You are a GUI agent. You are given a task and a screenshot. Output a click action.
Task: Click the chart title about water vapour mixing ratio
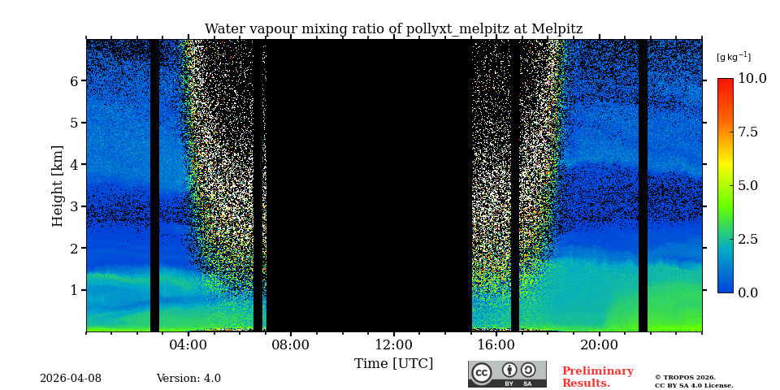(393, 29)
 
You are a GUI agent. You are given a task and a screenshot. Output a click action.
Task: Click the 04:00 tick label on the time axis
(188, 344)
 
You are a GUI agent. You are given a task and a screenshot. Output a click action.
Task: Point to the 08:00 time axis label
(291, 344)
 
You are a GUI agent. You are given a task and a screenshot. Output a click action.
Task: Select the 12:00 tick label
(394, 344)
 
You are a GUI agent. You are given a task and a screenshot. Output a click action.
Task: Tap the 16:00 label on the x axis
(496, 344)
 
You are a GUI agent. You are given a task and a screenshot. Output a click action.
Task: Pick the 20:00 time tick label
(600, 344)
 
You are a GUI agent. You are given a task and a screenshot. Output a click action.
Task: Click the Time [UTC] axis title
(393, 363)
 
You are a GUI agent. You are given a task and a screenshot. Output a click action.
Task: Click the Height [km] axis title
(58, 185)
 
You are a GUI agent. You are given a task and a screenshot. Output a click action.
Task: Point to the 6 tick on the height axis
(74, 81)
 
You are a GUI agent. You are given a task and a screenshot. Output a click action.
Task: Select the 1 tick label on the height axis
(74, 290)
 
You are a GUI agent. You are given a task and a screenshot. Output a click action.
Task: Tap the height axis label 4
(74, 165)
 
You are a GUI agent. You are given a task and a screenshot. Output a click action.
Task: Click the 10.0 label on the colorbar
(752, 79)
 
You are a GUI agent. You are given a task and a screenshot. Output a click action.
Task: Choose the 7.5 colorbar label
(747, 132)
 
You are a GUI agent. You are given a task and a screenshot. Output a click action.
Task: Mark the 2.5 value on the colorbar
(747, 239)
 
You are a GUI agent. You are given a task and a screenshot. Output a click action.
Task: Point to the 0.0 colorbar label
(747, 292)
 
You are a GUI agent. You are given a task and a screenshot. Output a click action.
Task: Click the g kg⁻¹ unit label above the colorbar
(733, 57)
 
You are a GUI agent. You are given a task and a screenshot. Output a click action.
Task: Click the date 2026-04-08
(71, 379)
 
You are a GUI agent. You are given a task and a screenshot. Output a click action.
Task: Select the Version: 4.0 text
(188, 379)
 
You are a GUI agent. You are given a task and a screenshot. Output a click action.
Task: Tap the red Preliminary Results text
(597, 377)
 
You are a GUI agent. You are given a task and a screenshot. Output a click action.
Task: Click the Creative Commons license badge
(507, 374)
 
